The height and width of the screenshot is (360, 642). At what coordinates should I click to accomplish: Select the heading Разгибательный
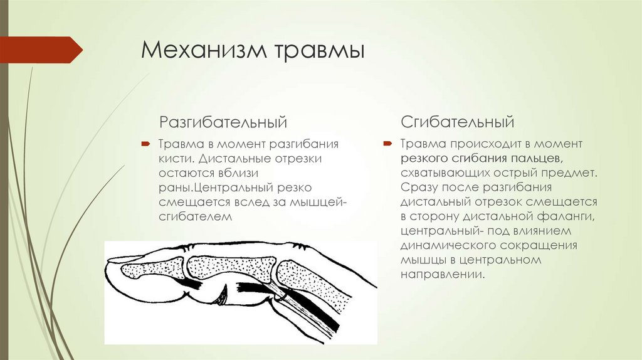(x=223, y=122)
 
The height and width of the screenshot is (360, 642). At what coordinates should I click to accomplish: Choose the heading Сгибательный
(x=457, y=122)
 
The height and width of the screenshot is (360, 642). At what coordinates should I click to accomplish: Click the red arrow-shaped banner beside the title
(x=41, y=50)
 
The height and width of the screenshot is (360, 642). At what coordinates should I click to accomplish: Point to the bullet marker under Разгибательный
(x=145, y=144)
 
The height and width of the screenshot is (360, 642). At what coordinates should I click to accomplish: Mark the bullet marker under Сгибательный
(x=387, y=144)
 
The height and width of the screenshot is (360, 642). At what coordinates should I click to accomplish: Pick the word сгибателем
(x=196, y=216)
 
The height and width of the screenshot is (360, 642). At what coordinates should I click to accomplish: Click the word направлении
(x=442, y=275)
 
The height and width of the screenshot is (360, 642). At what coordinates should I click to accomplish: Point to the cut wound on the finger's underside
(x=223, y=295)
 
